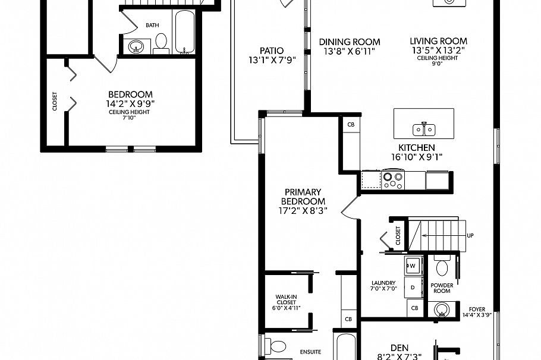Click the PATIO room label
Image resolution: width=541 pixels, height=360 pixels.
(271, 50)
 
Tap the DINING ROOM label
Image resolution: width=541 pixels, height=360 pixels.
(350, 42)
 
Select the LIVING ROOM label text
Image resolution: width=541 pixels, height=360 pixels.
(438, 41)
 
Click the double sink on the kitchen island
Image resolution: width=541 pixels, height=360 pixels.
(424, 129)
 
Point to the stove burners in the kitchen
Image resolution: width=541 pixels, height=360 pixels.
(392, 179)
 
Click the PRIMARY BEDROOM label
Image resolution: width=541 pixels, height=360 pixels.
(303, 197)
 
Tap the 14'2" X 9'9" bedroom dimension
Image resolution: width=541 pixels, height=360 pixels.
(130, 103)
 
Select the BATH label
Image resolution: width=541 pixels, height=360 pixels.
(152, 26)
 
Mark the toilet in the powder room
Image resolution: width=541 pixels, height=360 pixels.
(442, 267)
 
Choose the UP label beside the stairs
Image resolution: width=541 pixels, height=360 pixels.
(470, 235)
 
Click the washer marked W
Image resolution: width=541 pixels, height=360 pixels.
(412, 264)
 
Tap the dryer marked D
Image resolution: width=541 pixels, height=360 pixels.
(413, 287)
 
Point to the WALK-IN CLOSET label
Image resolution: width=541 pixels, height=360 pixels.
(286, 300)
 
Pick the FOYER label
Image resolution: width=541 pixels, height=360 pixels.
(477, 309)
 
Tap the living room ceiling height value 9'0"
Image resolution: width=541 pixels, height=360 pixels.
(438, 64)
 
